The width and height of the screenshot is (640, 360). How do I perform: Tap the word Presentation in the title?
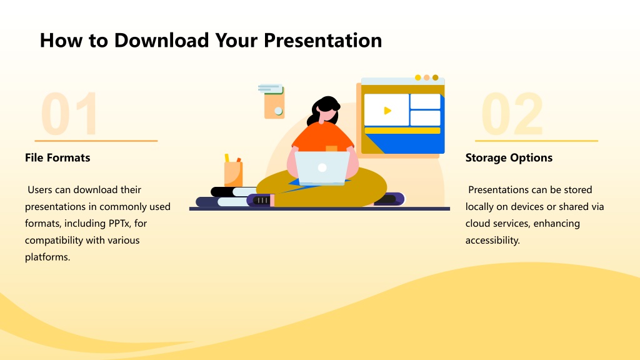[323, 41]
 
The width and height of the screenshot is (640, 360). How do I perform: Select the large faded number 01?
[69, 114]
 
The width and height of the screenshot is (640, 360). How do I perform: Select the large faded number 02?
[512, 114]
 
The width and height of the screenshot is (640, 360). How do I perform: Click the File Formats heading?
[57, 157]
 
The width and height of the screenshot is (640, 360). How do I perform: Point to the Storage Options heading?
[509, 157]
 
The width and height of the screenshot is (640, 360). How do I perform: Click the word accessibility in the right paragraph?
[492, 240]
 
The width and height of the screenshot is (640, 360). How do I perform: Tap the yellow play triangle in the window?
[387, 110]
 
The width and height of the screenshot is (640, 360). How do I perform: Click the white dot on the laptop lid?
[322, 167]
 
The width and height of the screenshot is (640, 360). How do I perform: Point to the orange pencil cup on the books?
[234, 174]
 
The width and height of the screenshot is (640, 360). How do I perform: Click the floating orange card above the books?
[274, 104]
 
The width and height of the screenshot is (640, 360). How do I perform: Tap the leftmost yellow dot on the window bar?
[417, 77]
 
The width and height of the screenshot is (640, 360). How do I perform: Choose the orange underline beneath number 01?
[96, 141]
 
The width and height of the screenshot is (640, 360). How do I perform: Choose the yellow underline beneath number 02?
[536, 141]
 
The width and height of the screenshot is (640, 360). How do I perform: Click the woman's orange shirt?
[322, 137]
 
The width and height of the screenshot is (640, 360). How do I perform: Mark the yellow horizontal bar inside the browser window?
[402, 131]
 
